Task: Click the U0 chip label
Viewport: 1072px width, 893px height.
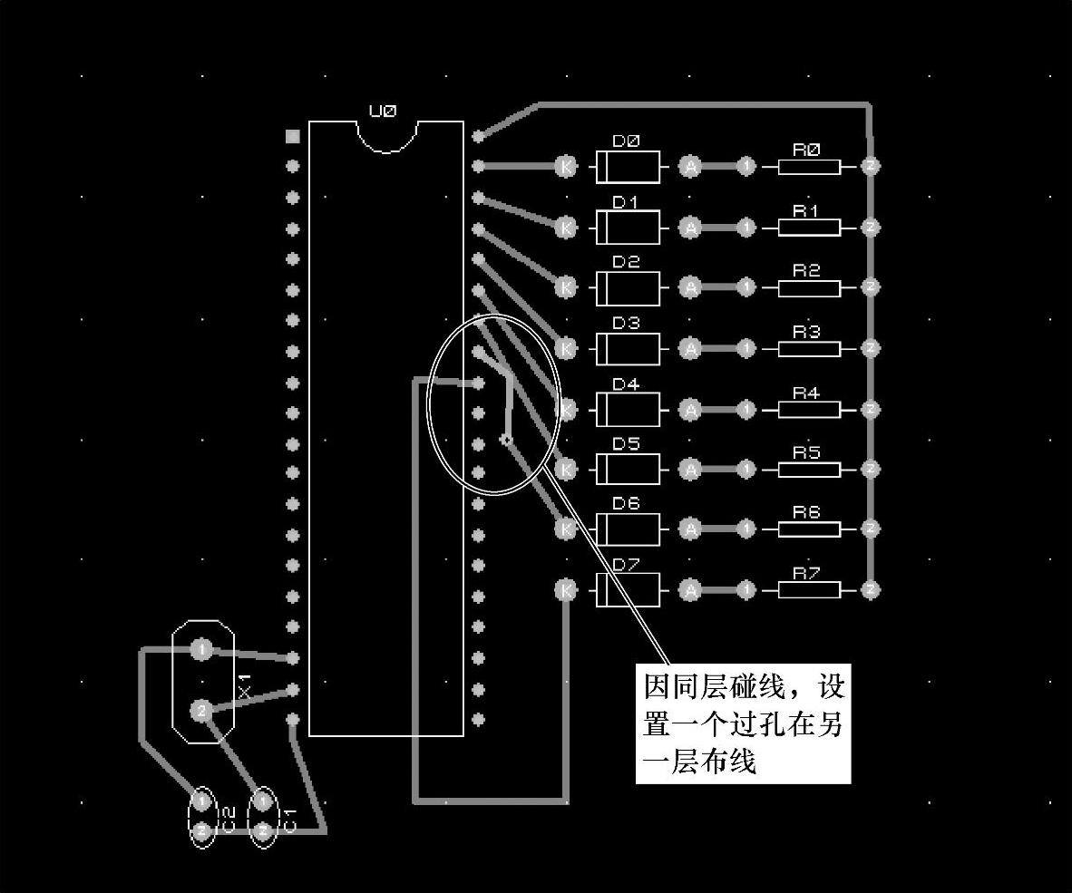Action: click(382, 112)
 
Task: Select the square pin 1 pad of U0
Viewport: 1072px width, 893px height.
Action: click(292, 136)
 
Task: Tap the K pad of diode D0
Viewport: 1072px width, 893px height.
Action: click(566, 166)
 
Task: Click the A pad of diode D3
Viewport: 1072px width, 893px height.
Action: click(691, 348)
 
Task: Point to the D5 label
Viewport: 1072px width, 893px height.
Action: click(626, 444)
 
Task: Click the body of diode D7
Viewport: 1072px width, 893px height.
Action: click(627, 590)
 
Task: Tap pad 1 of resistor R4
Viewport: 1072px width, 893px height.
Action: click(746, 409)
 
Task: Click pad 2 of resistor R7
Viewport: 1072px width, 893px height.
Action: click(871, 590)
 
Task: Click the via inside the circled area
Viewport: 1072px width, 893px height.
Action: click(506, 441)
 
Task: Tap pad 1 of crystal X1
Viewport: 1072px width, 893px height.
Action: click(201, 649)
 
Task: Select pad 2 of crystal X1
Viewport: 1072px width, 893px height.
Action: click(201, 710)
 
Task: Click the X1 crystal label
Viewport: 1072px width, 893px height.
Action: click(243, 684)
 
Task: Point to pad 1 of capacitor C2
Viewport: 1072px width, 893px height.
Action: click(201, 801)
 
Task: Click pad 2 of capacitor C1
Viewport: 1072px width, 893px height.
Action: click(262, 830)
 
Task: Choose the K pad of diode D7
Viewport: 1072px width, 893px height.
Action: click(566, 590)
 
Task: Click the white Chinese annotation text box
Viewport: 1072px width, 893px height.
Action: click(743, 724)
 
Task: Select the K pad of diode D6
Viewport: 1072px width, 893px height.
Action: click(566, 528)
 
